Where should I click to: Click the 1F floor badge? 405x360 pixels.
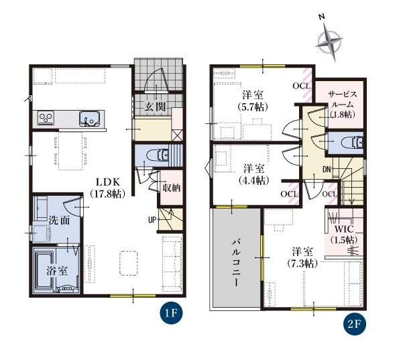pos(171,313)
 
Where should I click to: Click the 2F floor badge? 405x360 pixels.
pos(354,324)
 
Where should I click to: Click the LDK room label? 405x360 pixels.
pos(107,188)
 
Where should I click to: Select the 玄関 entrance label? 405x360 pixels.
pos(155,106)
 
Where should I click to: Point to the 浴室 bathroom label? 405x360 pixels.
pos(57,271)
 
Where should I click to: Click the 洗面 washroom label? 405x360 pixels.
pos(59,221)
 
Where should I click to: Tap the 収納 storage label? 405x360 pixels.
pos(171,188)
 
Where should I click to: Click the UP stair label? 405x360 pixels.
pos(152,220)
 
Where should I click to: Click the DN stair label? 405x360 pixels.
pos(327,170)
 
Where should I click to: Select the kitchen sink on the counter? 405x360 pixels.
pos(89,119)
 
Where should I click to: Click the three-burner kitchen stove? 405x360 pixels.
pos(46,118)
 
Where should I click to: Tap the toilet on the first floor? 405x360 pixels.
pos(158,156)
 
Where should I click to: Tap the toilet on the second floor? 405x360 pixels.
pos(352,143)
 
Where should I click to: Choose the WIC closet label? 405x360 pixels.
pos(344,235)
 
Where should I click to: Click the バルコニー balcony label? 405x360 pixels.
pos(236,263)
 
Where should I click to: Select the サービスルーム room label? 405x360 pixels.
pos(343,105)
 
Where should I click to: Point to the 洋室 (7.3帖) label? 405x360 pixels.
pos(302,257)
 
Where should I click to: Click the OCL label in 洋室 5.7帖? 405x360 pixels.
pos(302,86)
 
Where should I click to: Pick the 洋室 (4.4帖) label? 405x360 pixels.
pos(254,174)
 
